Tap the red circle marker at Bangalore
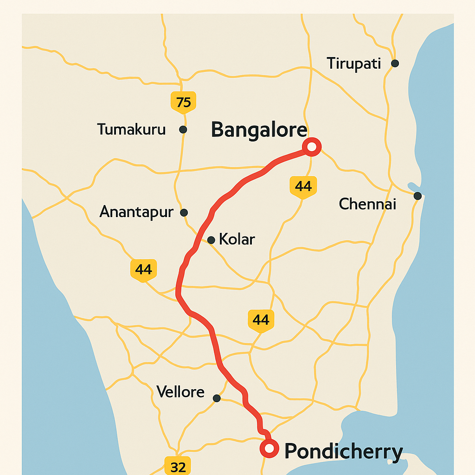[312, 147]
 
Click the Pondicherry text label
[343, 451]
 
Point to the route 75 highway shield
[183, 102]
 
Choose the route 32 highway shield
[178, 465]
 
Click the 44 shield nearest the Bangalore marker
[303, 186]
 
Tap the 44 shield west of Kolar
[144, 270]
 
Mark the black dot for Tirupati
[395, 63]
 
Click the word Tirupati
[353, 64]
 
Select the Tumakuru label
[131, 129]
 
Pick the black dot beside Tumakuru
[183, 129]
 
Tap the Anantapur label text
[136, 212]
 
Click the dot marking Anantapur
[184, 212]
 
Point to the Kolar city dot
[211, 240]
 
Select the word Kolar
[237, 239]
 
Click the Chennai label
[367, 204]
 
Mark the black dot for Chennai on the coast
[417, 196]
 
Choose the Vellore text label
[180, 392]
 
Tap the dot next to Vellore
[217, 398]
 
